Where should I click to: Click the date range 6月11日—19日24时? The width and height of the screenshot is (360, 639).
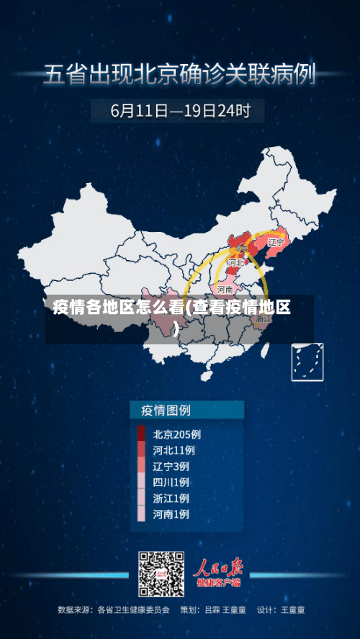pos(180,111)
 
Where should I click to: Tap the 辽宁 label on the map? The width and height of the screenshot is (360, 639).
pos(276,243)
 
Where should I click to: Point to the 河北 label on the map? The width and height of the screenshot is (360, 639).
pos(235,263)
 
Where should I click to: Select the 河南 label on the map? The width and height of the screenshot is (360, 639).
pos(225,289)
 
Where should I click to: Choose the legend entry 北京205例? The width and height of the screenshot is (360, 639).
pos(176,434)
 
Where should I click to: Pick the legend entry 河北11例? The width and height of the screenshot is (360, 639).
pos(174,450)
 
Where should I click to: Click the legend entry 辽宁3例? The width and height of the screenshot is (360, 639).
pos(171,466)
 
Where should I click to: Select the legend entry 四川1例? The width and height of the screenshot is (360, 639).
pos(171,482)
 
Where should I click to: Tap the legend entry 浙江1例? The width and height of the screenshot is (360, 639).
pos(171,498)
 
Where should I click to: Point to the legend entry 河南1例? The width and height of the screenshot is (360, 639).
pos(171,514)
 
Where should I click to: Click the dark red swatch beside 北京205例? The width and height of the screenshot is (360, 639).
pos(142,434)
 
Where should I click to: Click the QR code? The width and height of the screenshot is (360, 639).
pos(161,574)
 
